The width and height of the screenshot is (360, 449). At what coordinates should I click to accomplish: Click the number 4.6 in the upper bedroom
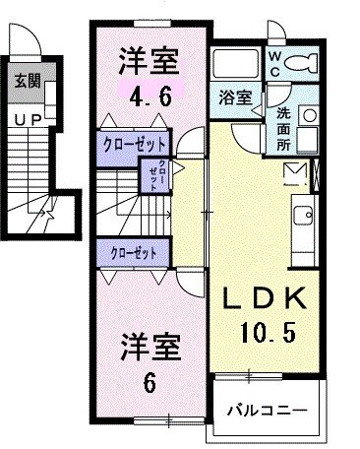[150, 96]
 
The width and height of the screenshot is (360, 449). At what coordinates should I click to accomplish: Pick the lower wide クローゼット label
[135, 252]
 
